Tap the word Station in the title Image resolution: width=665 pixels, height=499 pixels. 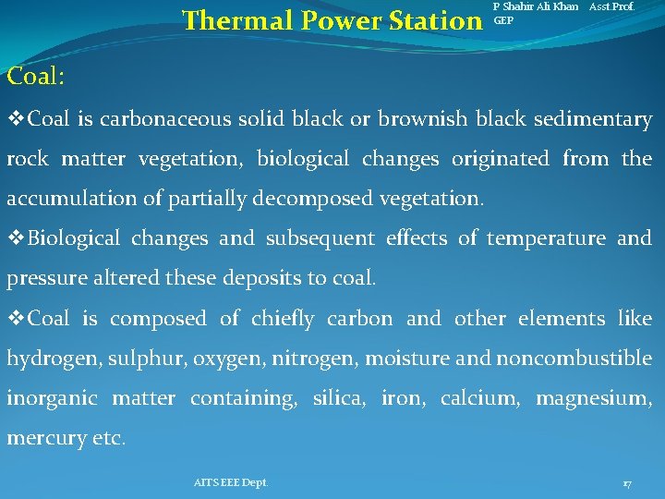point(431,19)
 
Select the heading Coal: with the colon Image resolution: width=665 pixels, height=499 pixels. point(35,76)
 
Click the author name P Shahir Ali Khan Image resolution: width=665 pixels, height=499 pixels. point(536,6)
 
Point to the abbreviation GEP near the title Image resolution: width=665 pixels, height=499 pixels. point(503,19)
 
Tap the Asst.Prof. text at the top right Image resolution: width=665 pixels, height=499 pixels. point(611,6)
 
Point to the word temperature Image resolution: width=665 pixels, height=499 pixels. point(545,238)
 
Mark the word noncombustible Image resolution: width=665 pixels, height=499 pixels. point(574,359)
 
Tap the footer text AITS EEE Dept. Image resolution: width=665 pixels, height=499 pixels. point(231,482)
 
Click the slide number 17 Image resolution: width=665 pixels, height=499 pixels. point(627,483)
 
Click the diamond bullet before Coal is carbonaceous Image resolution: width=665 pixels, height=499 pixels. point(16,119)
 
